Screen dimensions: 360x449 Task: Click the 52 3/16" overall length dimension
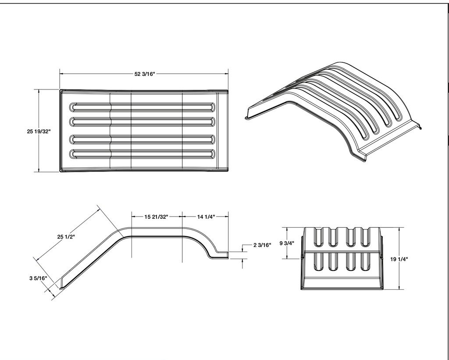pyautogui.click(x=145, y=74)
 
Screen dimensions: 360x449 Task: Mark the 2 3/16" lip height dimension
pyautogui.click(x=262, y=245)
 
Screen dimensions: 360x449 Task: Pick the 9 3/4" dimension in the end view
pyautogui.click(x=286, y=243)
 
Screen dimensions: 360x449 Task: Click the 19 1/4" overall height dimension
pyautogui.click(x=399, y=259)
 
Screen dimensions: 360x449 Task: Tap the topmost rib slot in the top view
pyautogui.click(x=143, y=107)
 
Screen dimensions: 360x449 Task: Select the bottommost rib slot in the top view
pyautogui.click(x=143, y=154)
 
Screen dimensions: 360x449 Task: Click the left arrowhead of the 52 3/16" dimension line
pyautogui.click(x=61, y=74)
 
